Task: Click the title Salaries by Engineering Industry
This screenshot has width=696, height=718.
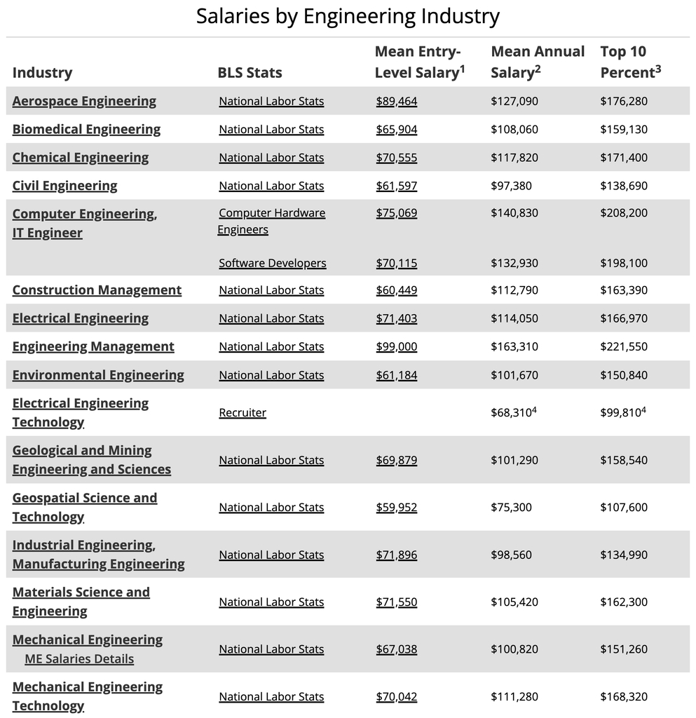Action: tap(348, 16)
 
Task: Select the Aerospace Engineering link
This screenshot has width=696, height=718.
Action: tap(84, 101)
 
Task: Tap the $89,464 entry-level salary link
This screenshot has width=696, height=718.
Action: tap(396, 101)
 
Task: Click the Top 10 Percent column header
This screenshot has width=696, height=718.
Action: tap(630, 62)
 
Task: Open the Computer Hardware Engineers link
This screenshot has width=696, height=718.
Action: tap(271, 221)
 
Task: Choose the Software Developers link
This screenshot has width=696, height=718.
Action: tap(272, 263)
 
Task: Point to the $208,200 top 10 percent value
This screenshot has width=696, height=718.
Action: tap(623, 213)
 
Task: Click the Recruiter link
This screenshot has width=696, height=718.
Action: tap(243, 412)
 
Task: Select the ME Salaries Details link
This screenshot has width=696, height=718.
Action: tap(79, 658)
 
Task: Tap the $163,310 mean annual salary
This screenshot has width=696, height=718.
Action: tap(514, 346)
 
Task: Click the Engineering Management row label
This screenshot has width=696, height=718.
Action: tap(93, 346)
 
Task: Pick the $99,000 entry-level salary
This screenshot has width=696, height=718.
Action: tap(396, 346)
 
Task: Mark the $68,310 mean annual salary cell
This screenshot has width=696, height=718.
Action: tap(511, 412)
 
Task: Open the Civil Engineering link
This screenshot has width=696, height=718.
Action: tap(64, 186)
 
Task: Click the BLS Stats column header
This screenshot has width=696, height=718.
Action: tap(250, 73)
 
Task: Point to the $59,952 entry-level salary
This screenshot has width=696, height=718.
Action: tap(396, 507)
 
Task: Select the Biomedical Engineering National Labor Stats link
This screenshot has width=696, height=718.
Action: tap(271, 129)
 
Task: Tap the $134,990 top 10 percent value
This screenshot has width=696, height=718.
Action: tap(623, 555)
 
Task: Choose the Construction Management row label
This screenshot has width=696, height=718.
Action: tap(97, 290)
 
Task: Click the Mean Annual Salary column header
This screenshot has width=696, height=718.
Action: tap(538, 62)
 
